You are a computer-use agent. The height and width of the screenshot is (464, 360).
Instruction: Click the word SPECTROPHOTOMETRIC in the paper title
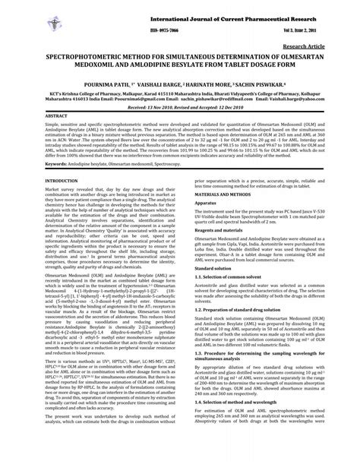pyautogui.click(x=86, y=57)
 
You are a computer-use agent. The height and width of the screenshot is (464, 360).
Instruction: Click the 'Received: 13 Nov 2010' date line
pyautogui.click(x=147, y=108)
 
